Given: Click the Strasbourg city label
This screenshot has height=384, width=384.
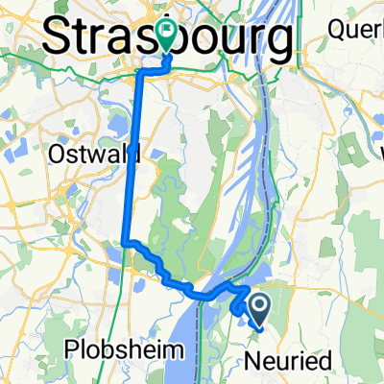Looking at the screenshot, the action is [x=168, y=40].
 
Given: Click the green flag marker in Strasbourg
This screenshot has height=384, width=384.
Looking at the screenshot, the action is [x=168, y=35].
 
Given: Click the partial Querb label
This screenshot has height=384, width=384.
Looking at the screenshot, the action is [x=354, y=29].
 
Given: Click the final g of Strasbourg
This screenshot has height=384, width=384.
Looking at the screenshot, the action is [x=278, y=43].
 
